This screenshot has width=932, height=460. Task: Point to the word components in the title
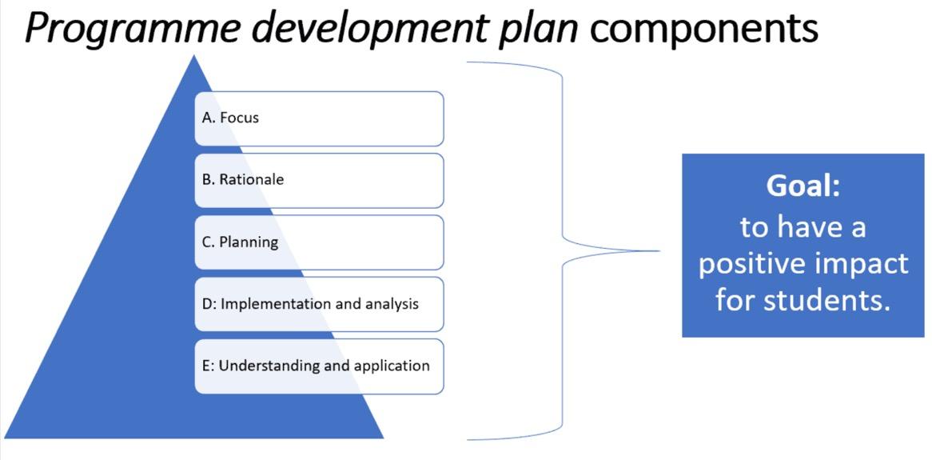tap(704, 29)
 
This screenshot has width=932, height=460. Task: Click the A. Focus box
tap(319, 118)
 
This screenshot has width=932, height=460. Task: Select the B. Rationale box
tap(319, 180)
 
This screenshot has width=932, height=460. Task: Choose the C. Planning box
tap(319, 242)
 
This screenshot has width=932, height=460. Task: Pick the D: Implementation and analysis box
tap(319, 304)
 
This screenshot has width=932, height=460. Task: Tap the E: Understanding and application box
tap(319, 366)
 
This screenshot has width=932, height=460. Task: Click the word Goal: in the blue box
tap(803, 186)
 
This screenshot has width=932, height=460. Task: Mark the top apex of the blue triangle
tap(193, 55)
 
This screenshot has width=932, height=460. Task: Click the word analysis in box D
tap(392, 304)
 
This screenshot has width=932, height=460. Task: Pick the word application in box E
tap(392, 366)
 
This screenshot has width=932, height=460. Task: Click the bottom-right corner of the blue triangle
tap(383, 437)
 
